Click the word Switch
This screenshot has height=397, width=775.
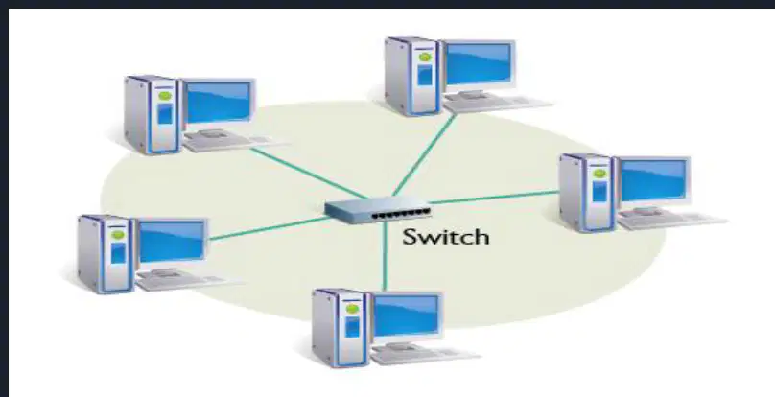(446, 237)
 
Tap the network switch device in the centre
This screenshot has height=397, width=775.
(378, 210)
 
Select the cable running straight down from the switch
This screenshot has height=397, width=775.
(385, 256)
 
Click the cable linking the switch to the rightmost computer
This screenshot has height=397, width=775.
(494, 198)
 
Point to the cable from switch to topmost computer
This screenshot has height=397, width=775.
(424, 155)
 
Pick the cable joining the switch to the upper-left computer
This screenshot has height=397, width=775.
(309, 173)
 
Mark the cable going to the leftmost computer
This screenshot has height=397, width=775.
(269, 228)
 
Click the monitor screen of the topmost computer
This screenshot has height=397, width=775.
(479, 63)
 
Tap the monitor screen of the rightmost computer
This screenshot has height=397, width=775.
(652, 179)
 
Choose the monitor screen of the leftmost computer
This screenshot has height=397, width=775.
(172, 242)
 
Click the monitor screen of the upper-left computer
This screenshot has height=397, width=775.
(218, 102)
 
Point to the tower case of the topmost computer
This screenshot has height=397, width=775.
(412, 76)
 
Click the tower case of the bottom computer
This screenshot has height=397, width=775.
(341, 328)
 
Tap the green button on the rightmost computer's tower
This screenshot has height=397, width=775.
(599, 173)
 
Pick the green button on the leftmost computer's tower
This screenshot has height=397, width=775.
(118, 235)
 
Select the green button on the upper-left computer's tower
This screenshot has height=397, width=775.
(165, 96)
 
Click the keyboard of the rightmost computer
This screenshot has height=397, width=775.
(672, 220)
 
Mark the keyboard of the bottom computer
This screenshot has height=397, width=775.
(425, 355)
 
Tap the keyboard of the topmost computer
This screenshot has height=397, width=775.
(497, 104)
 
